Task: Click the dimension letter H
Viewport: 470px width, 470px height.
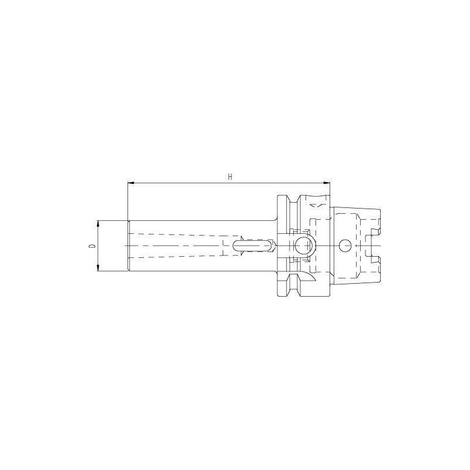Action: pos(230,177)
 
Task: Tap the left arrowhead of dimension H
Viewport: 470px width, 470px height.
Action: pos(130,183)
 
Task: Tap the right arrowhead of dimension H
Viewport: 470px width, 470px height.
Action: pos(327,183)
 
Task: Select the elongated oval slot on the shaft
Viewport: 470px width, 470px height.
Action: pos(253,246)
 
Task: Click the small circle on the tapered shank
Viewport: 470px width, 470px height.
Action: pos(344,246)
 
